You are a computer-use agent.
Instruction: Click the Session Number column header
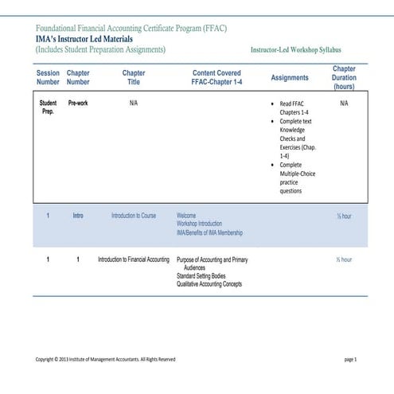[x=48, y=77]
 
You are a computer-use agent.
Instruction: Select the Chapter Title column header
[x=134, y=77]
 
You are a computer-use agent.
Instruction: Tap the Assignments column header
[x=290, y=78]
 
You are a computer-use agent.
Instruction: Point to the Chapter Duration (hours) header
[x=344, y=78]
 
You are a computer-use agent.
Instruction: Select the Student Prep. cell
[x=48, y=107]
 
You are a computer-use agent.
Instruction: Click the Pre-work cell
[x=78, y=103]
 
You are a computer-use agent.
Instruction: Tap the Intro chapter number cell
[x=78, y=216]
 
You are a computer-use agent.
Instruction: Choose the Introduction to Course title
[x=134, y=216]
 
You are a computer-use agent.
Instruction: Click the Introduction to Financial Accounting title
[x=134, y=260]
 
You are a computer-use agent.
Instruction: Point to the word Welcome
[x=186, y=216]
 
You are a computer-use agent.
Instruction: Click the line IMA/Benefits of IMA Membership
[x=209, y=233]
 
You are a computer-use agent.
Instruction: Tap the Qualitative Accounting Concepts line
[x=209, y=284]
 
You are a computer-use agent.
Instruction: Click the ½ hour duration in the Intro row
[x=344, y=217]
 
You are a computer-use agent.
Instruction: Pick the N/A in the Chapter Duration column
[x=344, y=103]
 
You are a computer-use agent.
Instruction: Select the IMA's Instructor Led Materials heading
[x=84, y=38]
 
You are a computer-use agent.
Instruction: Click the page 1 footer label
[x=350, y=360]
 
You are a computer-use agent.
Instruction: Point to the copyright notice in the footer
[x=106, y=360]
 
